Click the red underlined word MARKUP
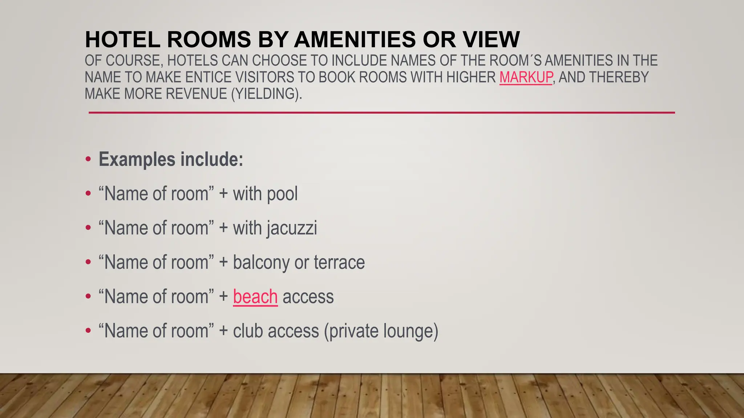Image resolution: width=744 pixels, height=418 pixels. (x=526, y=77)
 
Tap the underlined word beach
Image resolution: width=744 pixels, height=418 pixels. (x=255, y=296)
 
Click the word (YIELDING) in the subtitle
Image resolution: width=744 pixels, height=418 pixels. (x=266, y=94)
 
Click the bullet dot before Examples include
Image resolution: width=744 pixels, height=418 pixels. (x=88, y=160)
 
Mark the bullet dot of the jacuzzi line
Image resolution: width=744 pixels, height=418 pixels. (x=88, y=228)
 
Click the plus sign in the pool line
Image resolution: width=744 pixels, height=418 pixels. (x=223, y=194)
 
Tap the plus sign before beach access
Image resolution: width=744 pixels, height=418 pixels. (x=223, y=296)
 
